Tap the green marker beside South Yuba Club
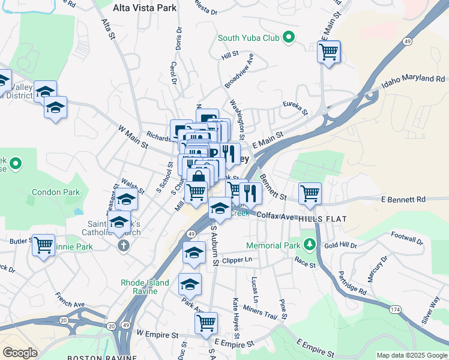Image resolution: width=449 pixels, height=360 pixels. tap(289, 38)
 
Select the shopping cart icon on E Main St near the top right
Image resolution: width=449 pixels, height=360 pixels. tap(328, 52)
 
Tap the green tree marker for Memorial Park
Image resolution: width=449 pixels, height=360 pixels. tap(309, 245)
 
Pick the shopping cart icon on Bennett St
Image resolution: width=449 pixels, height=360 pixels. tap(310, 193)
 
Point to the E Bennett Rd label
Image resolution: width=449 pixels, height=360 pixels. tap(403, 199)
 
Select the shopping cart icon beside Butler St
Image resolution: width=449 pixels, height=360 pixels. tap(43, 245)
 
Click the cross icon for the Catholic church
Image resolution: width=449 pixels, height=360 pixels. tap(123, 245)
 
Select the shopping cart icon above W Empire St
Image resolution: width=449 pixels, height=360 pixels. tap(206, 323)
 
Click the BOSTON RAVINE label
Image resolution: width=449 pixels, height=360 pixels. tap(90, 358)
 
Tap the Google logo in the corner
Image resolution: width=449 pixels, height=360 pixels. tap(20, 353)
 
